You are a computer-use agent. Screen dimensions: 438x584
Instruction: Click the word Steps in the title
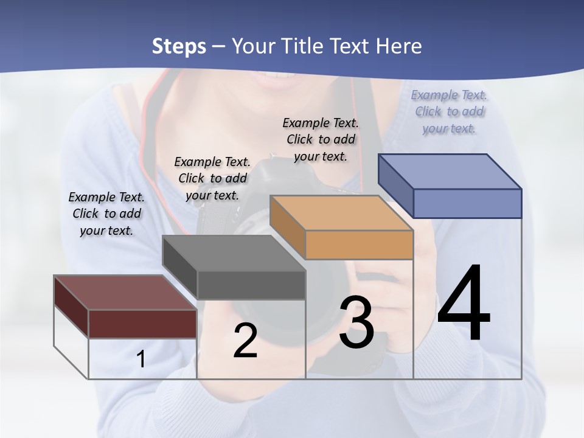178,46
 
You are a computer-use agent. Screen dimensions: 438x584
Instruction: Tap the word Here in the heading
398,46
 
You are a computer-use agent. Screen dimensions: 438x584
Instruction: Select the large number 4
464,304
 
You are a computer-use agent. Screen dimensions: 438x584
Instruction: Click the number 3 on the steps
356,323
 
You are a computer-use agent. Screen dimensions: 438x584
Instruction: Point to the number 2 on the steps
245,341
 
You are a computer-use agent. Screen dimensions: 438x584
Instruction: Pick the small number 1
141,360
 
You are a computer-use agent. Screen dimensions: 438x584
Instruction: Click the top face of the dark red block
125,293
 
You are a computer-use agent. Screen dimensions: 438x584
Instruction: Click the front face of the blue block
467,203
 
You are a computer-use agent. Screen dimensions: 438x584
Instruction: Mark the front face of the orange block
359,245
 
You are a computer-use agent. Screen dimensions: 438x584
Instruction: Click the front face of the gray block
251,285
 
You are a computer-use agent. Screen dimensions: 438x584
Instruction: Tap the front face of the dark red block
142,324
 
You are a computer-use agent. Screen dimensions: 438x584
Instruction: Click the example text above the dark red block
106,214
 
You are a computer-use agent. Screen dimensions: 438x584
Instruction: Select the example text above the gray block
212,178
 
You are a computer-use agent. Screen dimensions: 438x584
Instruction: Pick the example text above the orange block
321,139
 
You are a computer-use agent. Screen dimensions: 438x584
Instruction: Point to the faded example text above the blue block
449,111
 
